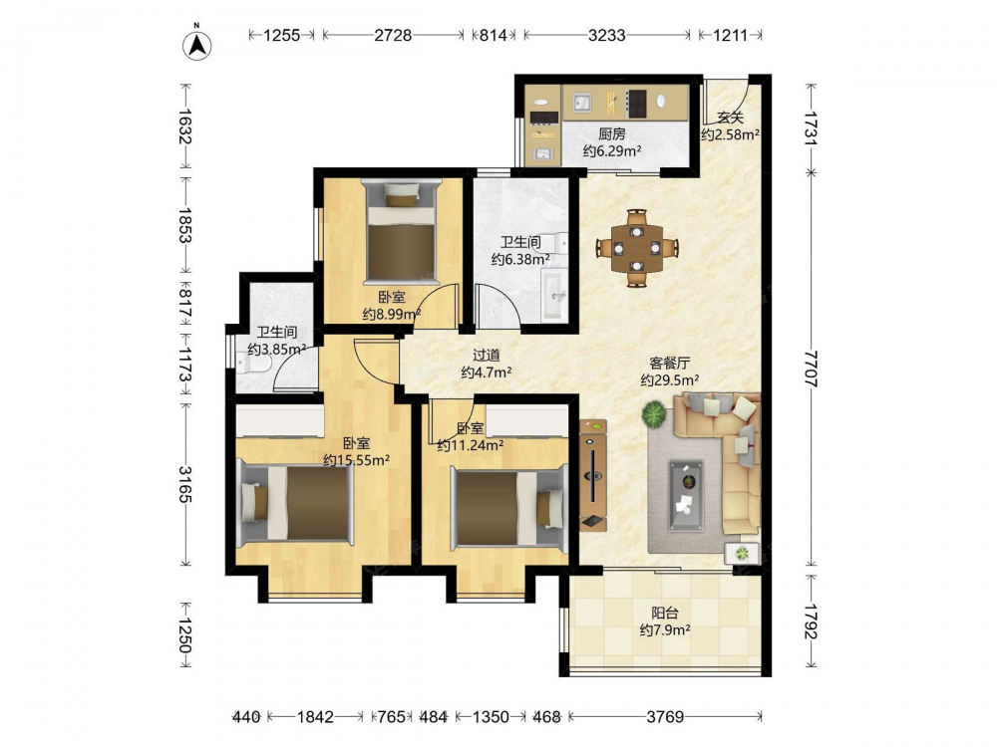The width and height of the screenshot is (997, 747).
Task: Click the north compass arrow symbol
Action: [197, 45]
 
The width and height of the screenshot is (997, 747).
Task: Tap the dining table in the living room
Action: [637, 248]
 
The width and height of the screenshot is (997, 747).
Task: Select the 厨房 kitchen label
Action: [612, 134]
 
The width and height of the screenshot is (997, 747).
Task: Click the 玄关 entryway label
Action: [730, 118]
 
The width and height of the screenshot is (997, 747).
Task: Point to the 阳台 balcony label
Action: [665, 613]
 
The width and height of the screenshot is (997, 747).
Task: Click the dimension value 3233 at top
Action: [606, 35]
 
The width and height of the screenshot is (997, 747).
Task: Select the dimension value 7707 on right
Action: [810, 369]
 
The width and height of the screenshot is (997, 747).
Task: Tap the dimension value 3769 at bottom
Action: [665, 717]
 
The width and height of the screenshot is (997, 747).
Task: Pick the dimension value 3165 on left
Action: [185, 485]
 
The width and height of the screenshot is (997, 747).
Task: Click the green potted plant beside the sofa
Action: [654, 414]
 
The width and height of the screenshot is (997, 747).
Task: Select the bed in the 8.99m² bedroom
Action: [401, 232]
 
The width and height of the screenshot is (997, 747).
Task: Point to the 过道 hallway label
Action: [486, 356]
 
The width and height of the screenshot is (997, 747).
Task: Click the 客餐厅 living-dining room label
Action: [670, 364]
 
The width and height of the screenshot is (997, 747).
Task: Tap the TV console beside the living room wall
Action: [593, 474]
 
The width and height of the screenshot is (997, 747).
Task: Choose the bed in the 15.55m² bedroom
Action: [296, 502]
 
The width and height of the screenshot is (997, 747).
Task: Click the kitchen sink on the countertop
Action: [582, 103]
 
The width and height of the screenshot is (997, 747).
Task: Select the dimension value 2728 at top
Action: [393, 35]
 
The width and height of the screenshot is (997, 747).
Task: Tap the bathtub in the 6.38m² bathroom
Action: [554, 294]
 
